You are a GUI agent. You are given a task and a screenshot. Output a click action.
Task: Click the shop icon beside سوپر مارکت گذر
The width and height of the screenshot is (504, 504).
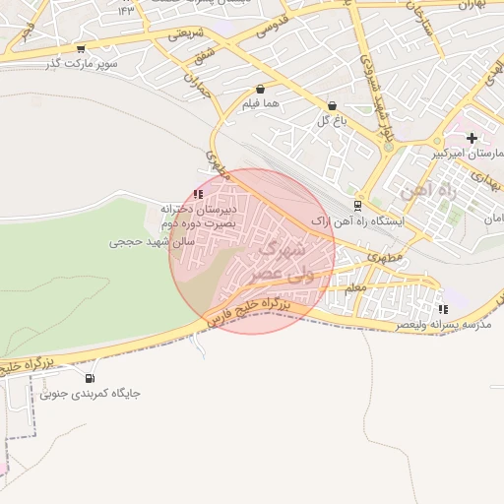point(81,48)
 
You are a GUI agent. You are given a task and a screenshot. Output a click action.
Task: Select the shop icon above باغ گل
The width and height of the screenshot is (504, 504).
point(331,105)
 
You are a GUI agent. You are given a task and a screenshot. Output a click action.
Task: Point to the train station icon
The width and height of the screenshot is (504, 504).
point(356,206)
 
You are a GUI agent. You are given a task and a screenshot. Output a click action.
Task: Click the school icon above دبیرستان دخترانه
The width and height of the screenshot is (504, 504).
point(198,195)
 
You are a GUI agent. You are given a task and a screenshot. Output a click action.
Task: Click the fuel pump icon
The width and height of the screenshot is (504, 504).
point(90,377)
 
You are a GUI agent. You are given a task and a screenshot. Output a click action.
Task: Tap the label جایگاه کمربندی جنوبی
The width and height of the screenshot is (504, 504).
point(91,393)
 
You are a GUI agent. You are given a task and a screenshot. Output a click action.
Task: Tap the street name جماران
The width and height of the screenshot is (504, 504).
point(198,87)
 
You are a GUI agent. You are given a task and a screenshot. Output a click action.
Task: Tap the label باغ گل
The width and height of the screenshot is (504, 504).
point(328,121)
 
